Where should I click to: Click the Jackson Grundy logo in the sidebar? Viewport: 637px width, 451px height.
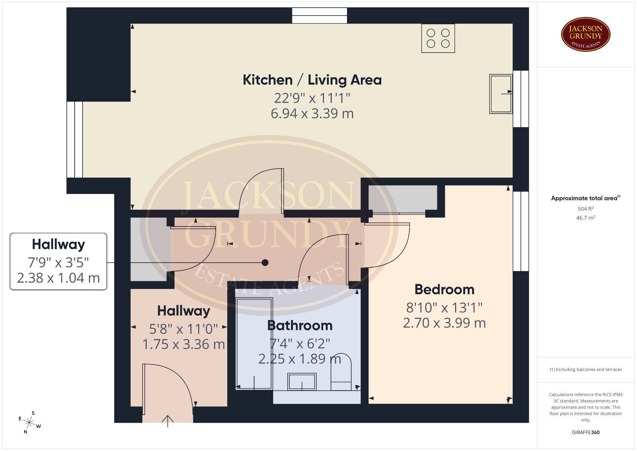(586, 35)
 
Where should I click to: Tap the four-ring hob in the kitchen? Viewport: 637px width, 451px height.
(438, 38)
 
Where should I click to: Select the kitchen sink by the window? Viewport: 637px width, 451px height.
(501, 94)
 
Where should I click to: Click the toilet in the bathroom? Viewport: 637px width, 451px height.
(341, 372)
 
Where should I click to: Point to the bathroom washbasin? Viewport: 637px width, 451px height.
(302, 382)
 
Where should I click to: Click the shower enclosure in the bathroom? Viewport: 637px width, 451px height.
(254, 343)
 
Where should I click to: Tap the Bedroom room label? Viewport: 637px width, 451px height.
(444, 289)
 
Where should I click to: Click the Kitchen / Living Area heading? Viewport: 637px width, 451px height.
(312, 80)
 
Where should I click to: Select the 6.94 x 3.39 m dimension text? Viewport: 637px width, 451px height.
(312, 114)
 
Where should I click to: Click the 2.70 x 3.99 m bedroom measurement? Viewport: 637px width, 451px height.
(444, 323)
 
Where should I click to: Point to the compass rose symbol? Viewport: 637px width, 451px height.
(30, 422)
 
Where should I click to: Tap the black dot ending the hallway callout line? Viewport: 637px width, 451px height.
(265, 263)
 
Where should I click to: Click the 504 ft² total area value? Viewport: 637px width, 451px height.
(586, 209)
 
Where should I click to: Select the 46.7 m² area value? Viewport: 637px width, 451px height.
(586, 218)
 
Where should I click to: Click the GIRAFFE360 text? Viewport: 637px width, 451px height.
(586, 432)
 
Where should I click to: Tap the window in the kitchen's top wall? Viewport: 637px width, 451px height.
(319, 16)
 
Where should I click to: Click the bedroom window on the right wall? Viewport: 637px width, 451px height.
(521, 231)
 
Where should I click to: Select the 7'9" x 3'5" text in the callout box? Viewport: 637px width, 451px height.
(58, 263)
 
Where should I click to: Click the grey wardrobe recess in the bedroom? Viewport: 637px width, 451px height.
(403, 198)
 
